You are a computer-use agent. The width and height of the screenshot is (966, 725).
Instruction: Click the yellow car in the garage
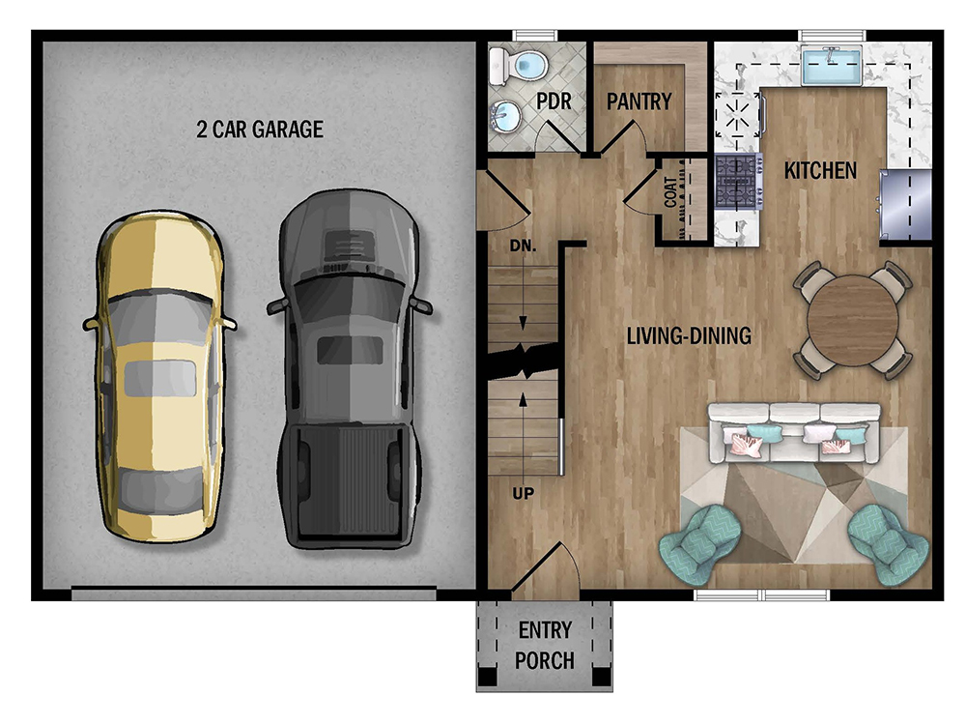[159, 376]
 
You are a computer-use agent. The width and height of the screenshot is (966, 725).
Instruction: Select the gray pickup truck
[350, 368]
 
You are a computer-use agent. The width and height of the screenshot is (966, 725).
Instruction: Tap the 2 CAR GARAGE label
[260, 130]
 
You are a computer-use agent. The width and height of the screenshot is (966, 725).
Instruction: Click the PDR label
[554, 101]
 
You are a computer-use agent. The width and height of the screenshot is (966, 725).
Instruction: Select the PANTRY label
[639, 101]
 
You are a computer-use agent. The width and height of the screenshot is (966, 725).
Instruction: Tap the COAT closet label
[671, 192]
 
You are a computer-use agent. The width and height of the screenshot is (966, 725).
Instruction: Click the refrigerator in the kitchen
[905, 205]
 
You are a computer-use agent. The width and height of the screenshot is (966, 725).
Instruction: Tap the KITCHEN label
[820, 171]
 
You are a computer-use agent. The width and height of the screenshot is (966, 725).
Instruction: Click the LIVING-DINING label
[689, 336]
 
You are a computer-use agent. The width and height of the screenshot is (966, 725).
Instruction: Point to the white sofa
[794, 433]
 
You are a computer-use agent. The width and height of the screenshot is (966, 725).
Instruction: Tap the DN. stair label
[523, 246]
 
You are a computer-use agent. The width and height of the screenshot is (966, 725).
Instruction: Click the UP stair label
[523, 493]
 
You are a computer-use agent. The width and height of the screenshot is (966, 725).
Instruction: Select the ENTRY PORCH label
[545, 646]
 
